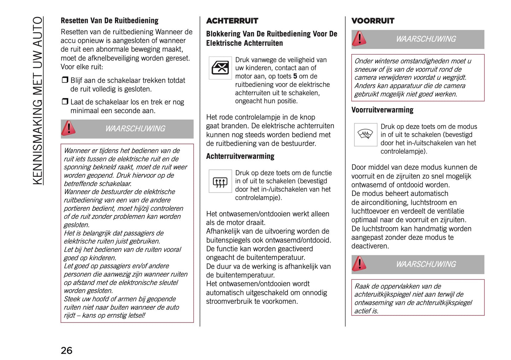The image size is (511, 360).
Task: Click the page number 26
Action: click(x=66, y=350)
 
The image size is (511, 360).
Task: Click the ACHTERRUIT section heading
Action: click(x=232, y=21)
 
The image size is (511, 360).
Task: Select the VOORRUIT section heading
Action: click(x=373, y=21)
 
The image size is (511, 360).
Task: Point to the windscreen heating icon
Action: click(x=365, y=134)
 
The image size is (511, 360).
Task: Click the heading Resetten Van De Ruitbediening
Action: click(x=109, y=21)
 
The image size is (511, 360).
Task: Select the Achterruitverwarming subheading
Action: click(x=240, y=156)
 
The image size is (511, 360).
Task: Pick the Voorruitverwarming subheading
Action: click(x=382, y=110)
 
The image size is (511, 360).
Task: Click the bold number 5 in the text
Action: click(x=295, y=76)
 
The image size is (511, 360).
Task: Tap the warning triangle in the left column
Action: click(x=68, y=128)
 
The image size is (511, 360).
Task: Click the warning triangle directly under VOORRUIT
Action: click(x=359, y=39)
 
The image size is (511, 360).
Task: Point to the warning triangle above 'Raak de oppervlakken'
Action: click(x=359, y=264)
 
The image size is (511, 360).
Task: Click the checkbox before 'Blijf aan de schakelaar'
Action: click(x=65, y=80)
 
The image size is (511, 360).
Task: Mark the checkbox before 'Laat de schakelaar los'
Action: click(x=65, y=101)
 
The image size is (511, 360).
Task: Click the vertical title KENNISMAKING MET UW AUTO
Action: click(x=37, y=100)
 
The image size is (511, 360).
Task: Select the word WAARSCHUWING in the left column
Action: click(x=135, y=129)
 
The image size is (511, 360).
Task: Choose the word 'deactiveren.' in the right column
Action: click(x=370, y=246)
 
